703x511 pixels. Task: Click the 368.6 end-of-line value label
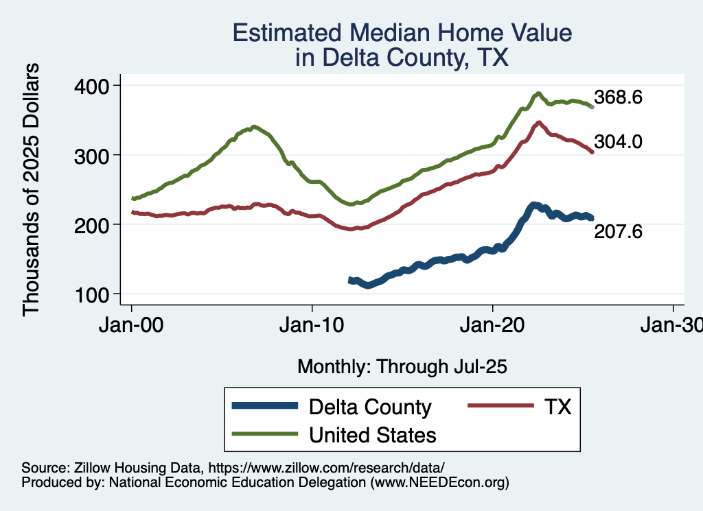[x=618, y=97]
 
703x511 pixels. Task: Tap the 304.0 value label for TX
[x=618, y=141]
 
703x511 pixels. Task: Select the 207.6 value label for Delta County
[x=618, y=233]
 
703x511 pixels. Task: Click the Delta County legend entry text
[x=370, y=407]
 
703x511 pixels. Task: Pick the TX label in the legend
[x=558, y=407]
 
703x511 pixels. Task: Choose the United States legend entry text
[x=373, y=435]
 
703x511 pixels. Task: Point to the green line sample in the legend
[x=266, y=434]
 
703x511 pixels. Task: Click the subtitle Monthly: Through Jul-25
[x=402, y=367]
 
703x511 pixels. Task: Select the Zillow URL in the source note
[x=324, y=468]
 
